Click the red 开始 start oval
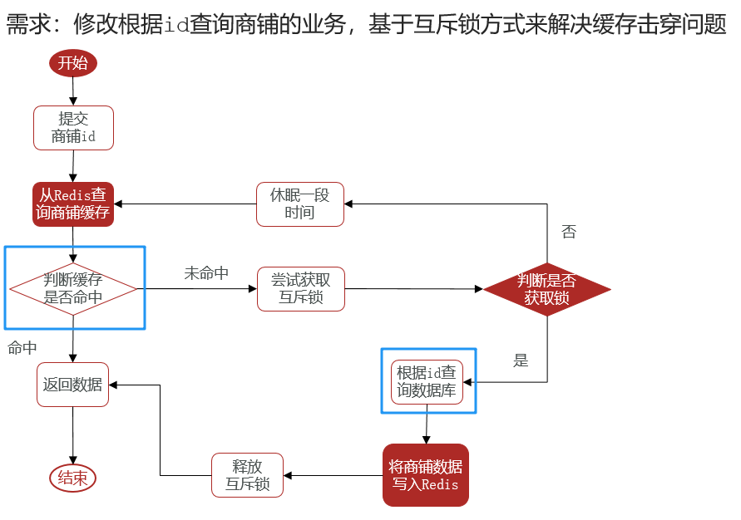[73, 63]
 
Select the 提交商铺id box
[73, 128]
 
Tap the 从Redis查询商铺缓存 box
[73, 204]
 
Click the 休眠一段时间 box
[300, 204]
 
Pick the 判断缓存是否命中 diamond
[73, 289]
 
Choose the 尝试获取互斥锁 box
[301, 289]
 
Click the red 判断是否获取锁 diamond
[546, 289]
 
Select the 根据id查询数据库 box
[427, 382]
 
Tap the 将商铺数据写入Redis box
[426, 475]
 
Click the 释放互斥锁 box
[247, 475]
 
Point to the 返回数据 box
[73, 385]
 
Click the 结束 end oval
[73, 478]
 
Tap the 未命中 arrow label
[206, 272]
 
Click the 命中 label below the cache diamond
[22, 348]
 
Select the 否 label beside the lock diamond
[569, 232]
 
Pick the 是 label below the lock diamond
[521, 361]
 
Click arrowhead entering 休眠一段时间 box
[348, 204]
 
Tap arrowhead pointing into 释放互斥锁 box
[287, 475]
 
